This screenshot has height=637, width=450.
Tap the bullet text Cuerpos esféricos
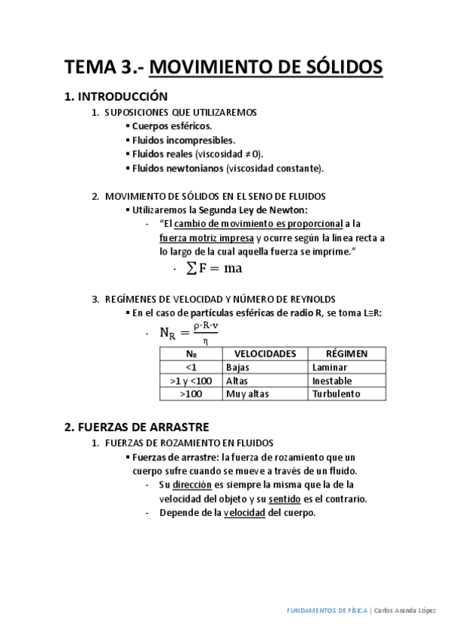coord(171,126)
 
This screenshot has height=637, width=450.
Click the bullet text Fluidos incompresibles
coord(183,140)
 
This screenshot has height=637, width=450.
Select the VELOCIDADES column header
coord(265,354)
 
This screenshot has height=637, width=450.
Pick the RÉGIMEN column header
coord(346,354)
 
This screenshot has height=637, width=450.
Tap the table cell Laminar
coord(330,367)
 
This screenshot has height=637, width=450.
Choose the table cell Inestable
coord(332,381)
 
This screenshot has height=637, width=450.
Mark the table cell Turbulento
coord(336,394)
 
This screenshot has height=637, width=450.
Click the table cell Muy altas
coord(246,394)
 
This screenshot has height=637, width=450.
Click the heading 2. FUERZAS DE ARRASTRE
coord(137,427)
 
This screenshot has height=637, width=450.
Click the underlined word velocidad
coord(244,512)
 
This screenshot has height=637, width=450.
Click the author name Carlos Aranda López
coord(405,611)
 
